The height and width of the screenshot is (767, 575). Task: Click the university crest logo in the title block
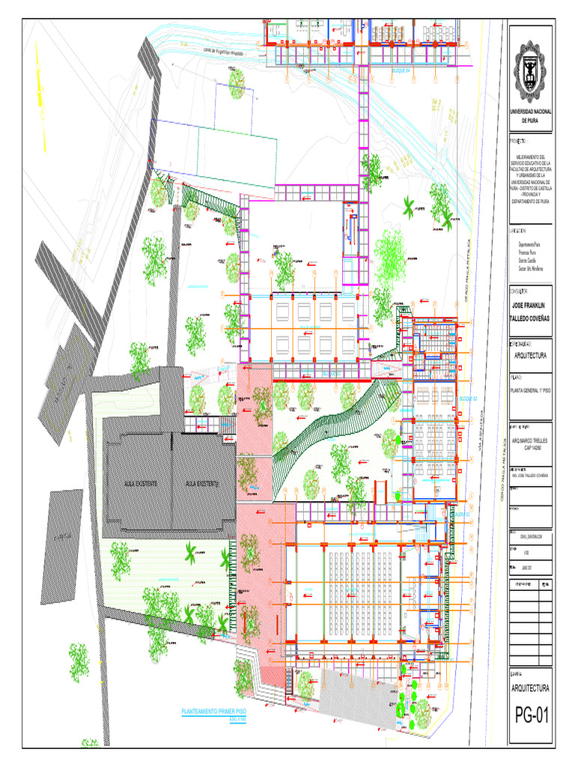click(531, 76)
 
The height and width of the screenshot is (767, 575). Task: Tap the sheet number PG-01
click(532, 717)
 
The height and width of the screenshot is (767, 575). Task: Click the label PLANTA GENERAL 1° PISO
click(531, 390)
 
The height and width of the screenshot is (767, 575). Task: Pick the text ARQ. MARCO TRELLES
click(531, 441)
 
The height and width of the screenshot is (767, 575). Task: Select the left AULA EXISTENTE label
click(141, 485)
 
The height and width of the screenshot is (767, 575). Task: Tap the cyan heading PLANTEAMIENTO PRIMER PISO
click(214, 711)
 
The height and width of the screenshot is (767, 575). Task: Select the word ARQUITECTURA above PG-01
click(531, 688)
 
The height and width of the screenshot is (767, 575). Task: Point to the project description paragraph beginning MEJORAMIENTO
click(531, 179)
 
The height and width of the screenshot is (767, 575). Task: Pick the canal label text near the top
click(213, 52)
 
